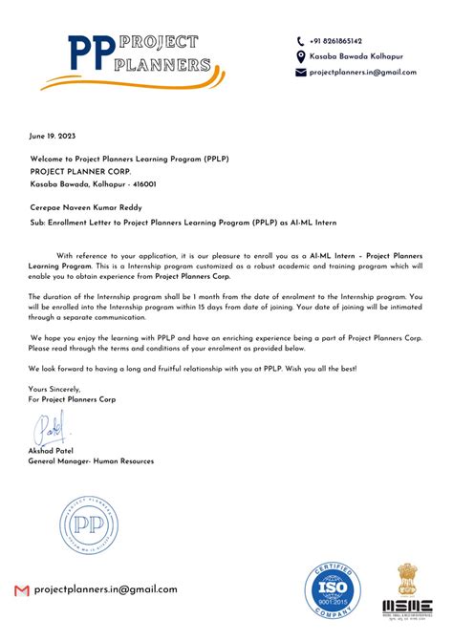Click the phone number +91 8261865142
(335, 41)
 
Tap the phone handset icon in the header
(300, 41)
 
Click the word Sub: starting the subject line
(38, 222)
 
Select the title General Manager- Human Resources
(91, 461)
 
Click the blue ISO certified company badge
(336, 591)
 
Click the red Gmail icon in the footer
(22, 590)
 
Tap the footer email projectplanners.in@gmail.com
(105, 589)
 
